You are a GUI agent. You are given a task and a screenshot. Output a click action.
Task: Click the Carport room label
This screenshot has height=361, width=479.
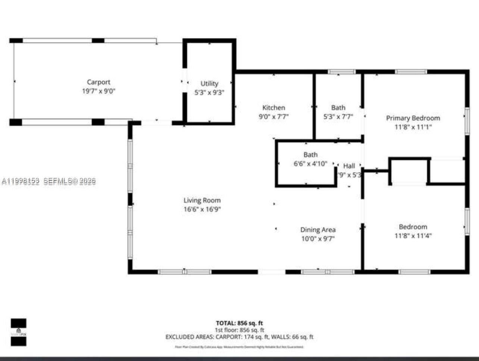98,82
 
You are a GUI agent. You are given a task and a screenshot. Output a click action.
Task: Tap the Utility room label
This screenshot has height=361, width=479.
209,84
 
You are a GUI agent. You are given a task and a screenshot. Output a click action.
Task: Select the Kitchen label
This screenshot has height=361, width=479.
273,107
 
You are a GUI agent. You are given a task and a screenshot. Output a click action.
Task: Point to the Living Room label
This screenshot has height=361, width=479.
202,200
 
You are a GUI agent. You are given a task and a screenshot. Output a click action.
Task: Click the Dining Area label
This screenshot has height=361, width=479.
318,230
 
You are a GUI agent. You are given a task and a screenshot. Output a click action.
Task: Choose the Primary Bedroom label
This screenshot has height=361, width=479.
413,118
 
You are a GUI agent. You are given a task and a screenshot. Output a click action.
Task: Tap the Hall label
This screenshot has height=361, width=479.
349,166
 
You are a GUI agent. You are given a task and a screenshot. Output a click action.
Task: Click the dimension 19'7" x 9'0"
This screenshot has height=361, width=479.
98,91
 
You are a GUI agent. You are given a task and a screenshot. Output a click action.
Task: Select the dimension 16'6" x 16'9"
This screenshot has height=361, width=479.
202,209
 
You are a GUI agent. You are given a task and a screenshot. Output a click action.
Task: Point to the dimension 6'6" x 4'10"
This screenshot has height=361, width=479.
310,164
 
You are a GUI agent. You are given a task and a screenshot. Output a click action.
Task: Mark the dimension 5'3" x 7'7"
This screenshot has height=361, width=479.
338,117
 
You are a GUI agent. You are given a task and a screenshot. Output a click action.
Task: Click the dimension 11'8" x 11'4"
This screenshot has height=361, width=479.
413,236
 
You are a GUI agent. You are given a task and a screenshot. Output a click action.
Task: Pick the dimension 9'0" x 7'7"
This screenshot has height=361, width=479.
273,117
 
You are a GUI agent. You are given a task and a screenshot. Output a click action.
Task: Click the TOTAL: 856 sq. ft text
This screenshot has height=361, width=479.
239,323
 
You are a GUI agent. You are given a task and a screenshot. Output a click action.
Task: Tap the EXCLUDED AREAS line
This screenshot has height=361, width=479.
239,337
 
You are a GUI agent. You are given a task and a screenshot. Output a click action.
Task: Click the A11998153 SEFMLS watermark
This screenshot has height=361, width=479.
48,181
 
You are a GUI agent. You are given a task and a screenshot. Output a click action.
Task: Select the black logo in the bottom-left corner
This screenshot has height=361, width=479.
18,332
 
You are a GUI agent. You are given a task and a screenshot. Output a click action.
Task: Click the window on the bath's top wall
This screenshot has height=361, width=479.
341,72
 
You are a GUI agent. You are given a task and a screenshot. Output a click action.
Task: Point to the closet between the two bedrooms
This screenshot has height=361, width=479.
409,172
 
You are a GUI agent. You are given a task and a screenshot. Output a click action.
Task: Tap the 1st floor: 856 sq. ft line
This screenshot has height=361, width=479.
239,330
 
